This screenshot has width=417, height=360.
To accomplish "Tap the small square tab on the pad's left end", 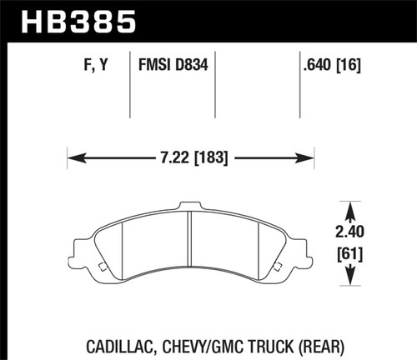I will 100,267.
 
